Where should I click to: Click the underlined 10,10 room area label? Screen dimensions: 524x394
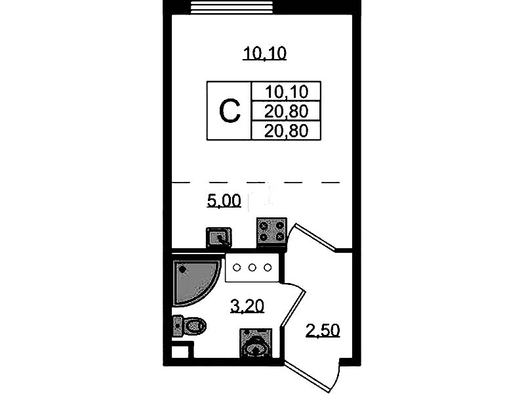click(x=265, y=54)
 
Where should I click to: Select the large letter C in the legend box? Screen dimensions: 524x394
click(x=230, y=111)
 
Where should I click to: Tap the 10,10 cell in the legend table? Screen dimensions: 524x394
click(x=287, y=91)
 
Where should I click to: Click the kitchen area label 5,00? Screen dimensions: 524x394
click(x=224, y=201)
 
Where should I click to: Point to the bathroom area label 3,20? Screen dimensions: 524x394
click(x=247, y=306)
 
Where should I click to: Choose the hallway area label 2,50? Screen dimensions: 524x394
click(x=323, y=330)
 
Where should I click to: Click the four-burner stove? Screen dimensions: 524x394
click(x=272, y=232)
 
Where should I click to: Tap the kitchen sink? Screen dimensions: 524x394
click(x=219, y=237)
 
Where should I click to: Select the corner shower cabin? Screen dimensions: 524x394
click(x=195, y=280)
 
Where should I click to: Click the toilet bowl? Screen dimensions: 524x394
click(x=195, y=325)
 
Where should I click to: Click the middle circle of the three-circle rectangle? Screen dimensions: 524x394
click(x=252, y=267)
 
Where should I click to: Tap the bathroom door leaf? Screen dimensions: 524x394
click(x=293, y=308)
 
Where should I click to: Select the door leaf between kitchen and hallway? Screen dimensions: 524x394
click(x=312, y=237)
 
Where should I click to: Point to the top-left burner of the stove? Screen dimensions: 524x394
click(x=264, y=226)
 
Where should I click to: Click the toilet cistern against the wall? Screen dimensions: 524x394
click(x=178, y=325)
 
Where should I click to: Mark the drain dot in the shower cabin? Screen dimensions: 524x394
click(x=182, y=269)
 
